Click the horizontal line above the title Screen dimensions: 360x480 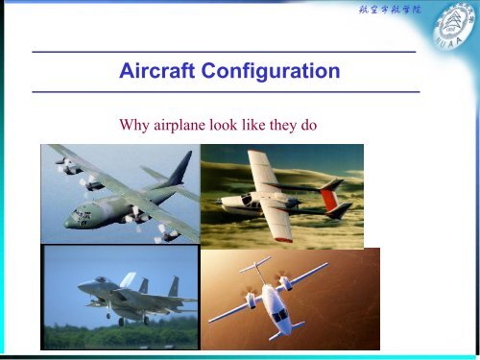223,50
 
